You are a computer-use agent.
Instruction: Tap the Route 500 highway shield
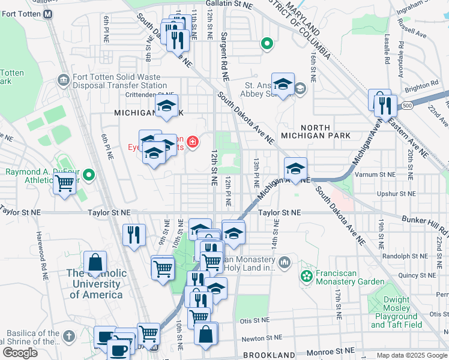click(408, 106)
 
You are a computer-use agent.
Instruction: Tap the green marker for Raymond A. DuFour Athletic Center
click(89, 175)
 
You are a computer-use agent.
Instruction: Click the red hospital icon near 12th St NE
click(193, 142)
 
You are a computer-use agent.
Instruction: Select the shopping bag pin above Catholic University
click(95, 263)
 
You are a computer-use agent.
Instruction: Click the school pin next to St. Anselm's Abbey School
click(283, 85)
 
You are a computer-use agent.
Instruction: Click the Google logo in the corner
click(20, 353)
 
